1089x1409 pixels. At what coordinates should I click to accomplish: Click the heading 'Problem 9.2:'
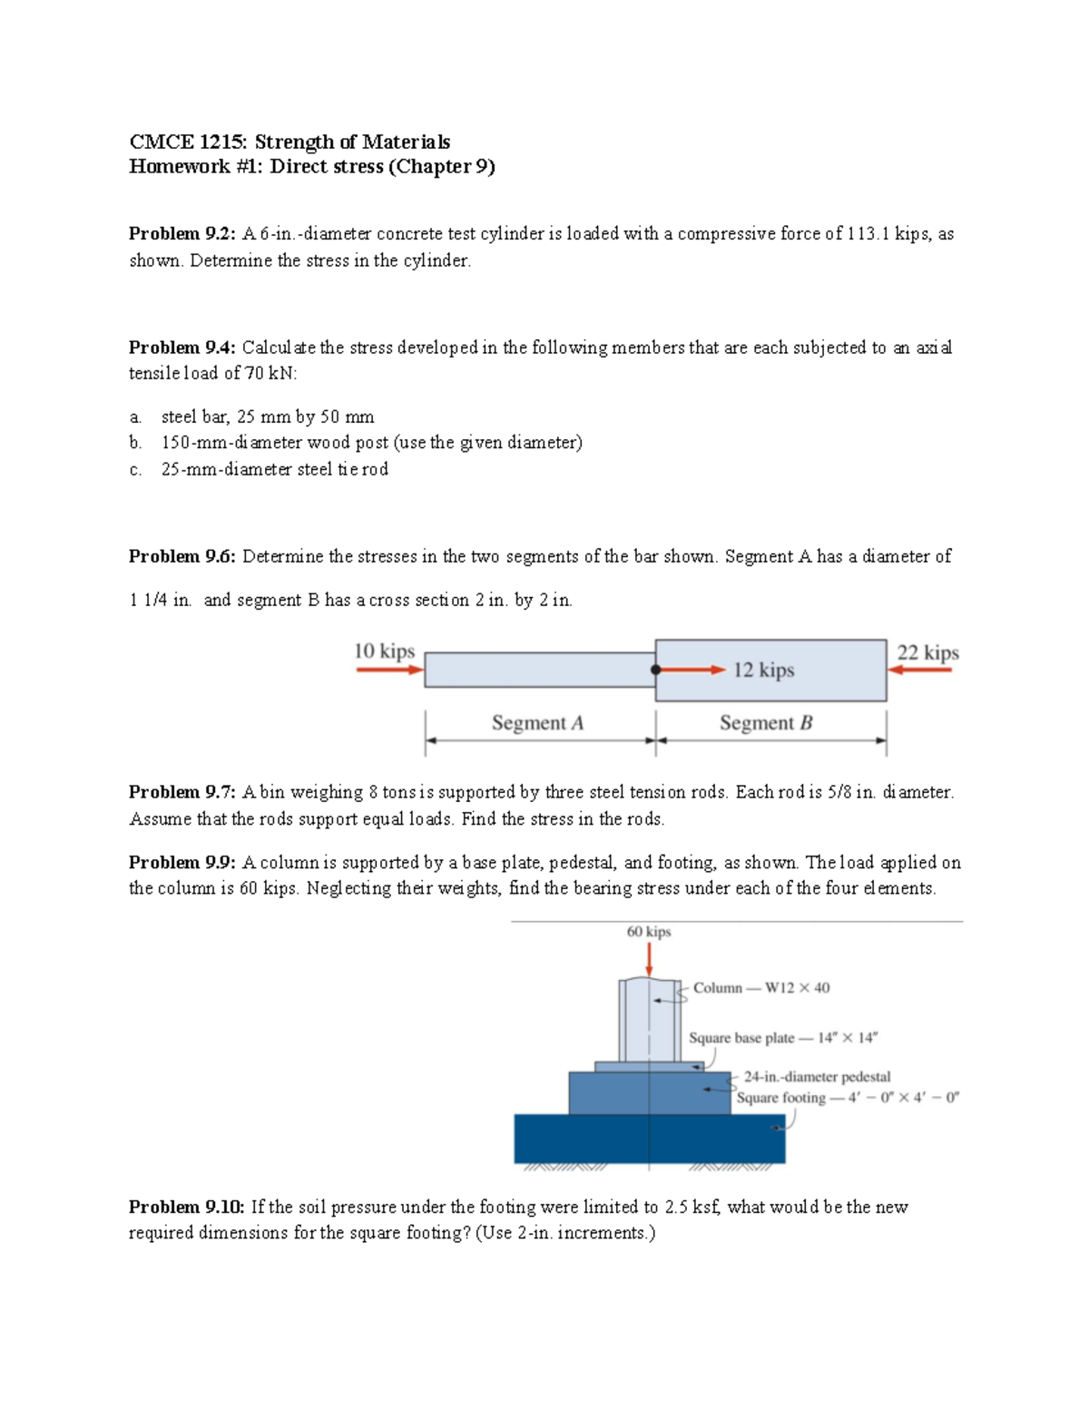[181, 234]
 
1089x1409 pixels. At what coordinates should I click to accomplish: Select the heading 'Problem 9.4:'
[181, 347]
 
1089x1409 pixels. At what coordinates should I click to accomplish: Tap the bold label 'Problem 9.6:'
[181, 556]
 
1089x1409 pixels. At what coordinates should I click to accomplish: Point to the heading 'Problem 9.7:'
[181, 792]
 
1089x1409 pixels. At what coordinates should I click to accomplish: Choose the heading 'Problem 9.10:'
[186, 1207]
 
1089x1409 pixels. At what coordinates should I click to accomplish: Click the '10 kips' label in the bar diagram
[384, 651]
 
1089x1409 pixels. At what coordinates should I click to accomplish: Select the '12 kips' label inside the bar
[763, 670]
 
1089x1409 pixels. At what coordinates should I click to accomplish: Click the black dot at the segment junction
[655, 670]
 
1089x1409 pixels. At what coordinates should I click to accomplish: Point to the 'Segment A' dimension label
[537, 723]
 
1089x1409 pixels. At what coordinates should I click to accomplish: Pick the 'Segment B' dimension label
[766, 723]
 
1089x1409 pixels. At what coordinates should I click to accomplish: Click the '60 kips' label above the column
[649, 932]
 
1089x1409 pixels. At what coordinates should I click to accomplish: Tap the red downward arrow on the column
[650, 958]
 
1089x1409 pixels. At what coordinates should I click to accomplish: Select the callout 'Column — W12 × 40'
[760, 988]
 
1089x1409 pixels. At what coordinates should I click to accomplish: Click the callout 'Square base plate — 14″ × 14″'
[782, 1038]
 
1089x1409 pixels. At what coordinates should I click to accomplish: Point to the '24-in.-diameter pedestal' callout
[817, 1077]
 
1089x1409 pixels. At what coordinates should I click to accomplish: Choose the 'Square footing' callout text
[847, 1098]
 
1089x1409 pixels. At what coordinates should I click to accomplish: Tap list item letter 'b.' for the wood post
[135, 443]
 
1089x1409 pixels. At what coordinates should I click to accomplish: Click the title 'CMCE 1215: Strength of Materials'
[289, 142]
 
